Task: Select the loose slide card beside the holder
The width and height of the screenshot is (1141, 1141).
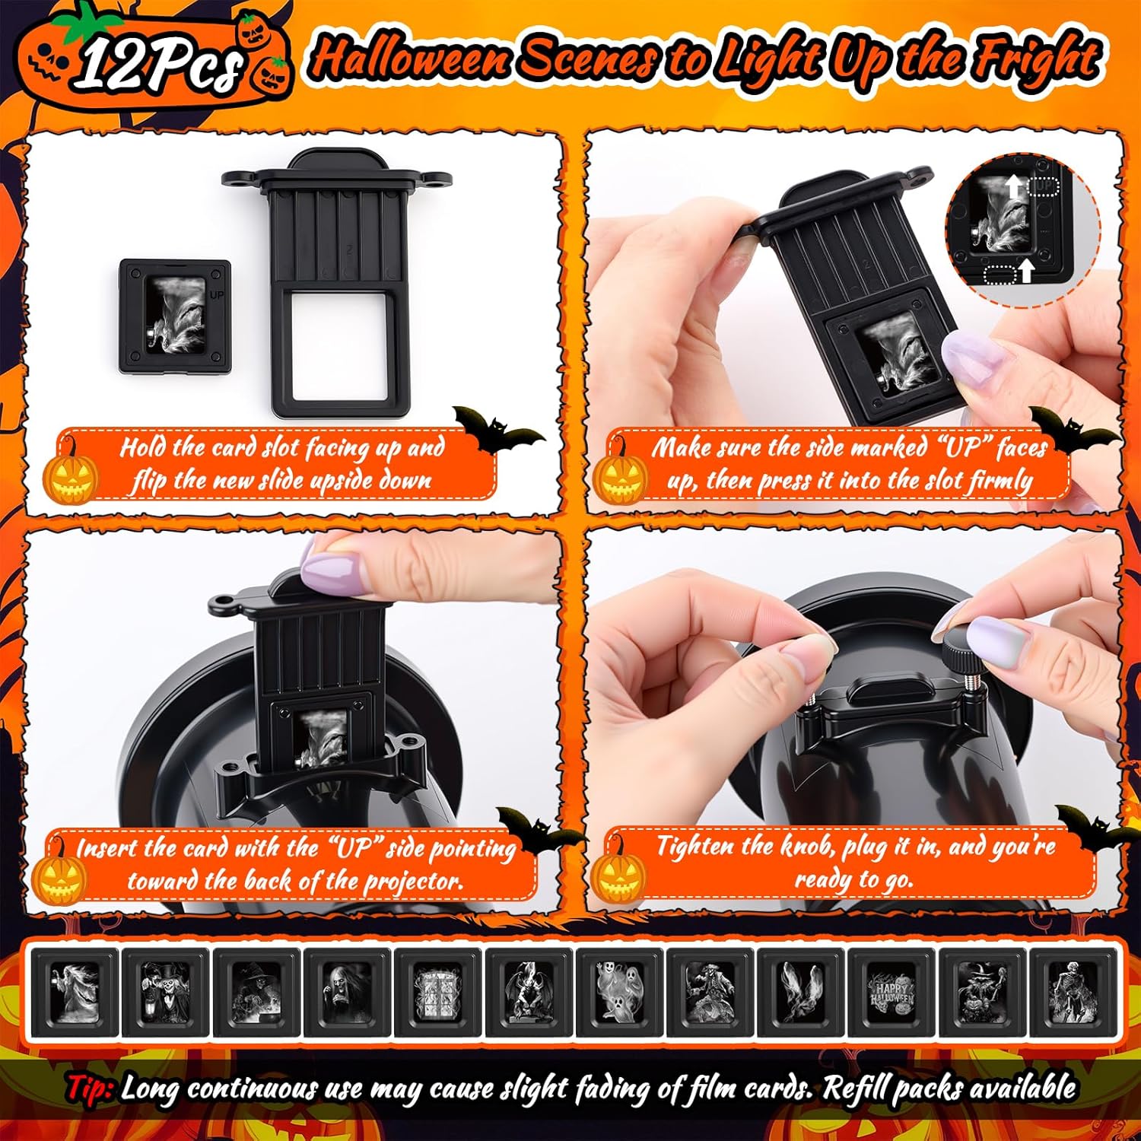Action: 175,316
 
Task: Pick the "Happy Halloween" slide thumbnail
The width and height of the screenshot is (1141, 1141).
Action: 892,990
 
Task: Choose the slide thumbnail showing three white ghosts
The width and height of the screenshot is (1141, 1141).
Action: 619,990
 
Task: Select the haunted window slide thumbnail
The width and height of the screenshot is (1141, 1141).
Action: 437,990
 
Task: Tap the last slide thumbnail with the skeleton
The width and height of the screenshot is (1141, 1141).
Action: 1073,990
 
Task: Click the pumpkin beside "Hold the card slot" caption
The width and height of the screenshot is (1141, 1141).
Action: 70,475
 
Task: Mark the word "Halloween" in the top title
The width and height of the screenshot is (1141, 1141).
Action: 411,57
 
